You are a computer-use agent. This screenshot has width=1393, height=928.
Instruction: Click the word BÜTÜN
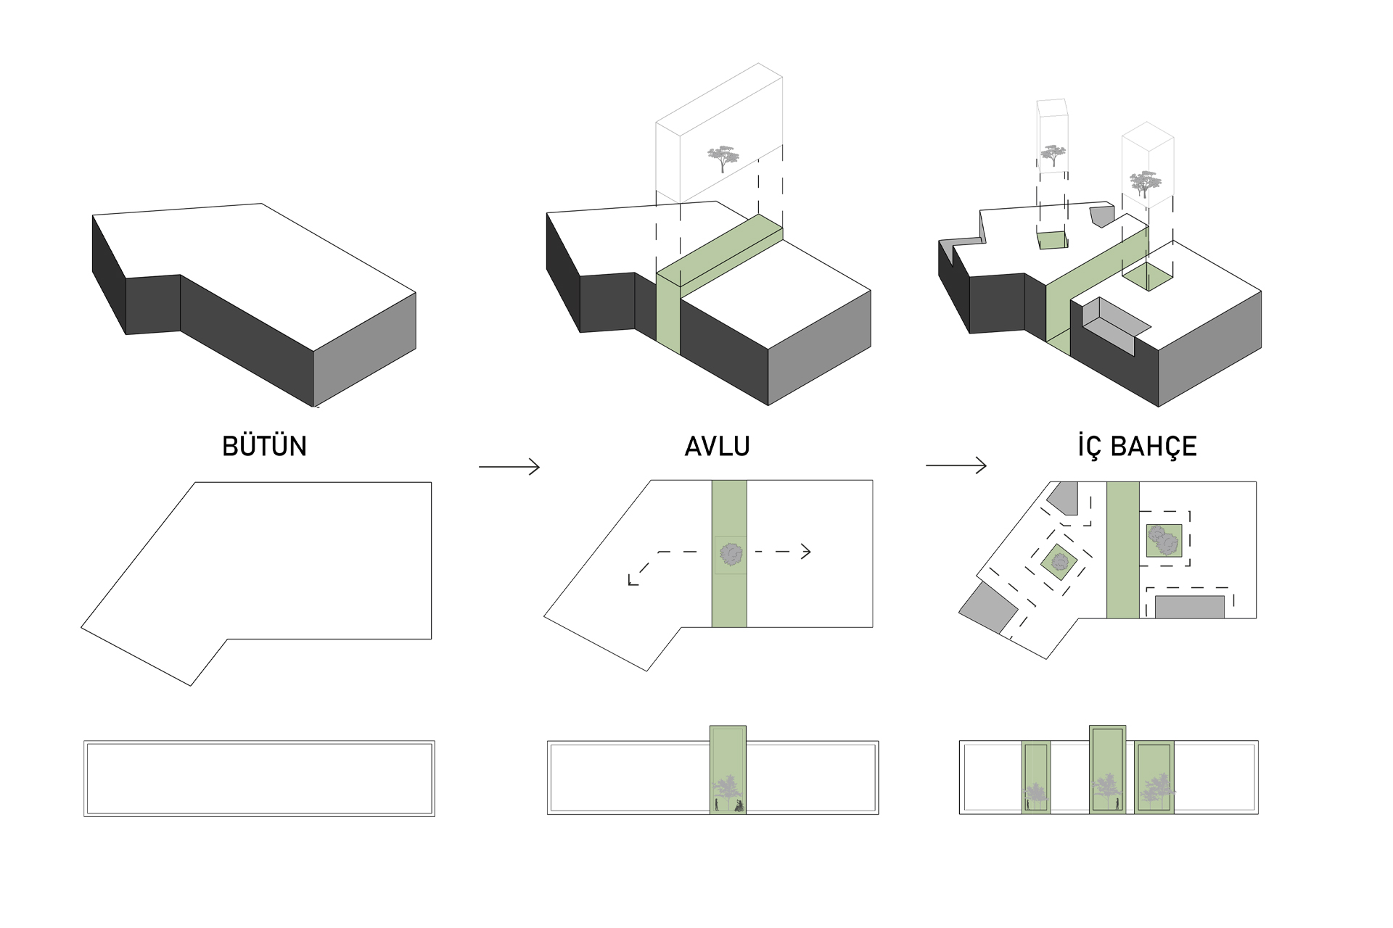coord(264,446)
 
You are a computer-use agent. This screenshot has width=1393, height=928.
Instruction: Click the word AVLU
coord(717,446)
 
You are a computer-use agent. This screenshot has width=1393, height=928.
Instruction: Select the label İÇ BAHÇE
coord(1137,446)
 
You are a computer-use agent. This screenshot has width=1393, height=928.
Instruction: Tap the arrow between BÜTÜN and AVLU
coord(509,467)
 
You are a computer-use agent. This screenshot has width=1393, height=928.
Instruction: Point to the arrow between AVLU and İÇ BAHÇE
coord(956,465)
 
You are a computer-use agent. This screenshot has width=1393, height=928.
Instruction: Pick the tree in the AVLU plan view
coord(731,555)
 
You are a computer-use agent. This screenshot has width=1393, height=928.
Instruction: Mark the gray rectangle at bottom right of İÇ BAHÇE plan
coord(1189,607)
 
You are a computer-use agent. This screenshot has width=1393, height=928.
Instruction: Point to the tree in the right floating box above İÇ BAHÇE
coord(1145,183)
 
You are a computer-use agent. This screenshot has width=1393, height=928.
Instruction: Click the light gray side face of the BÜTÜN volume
coord(364,348)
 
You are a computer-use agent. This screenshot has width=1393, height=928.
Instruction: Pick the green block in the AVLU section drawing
coord(728,768)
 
